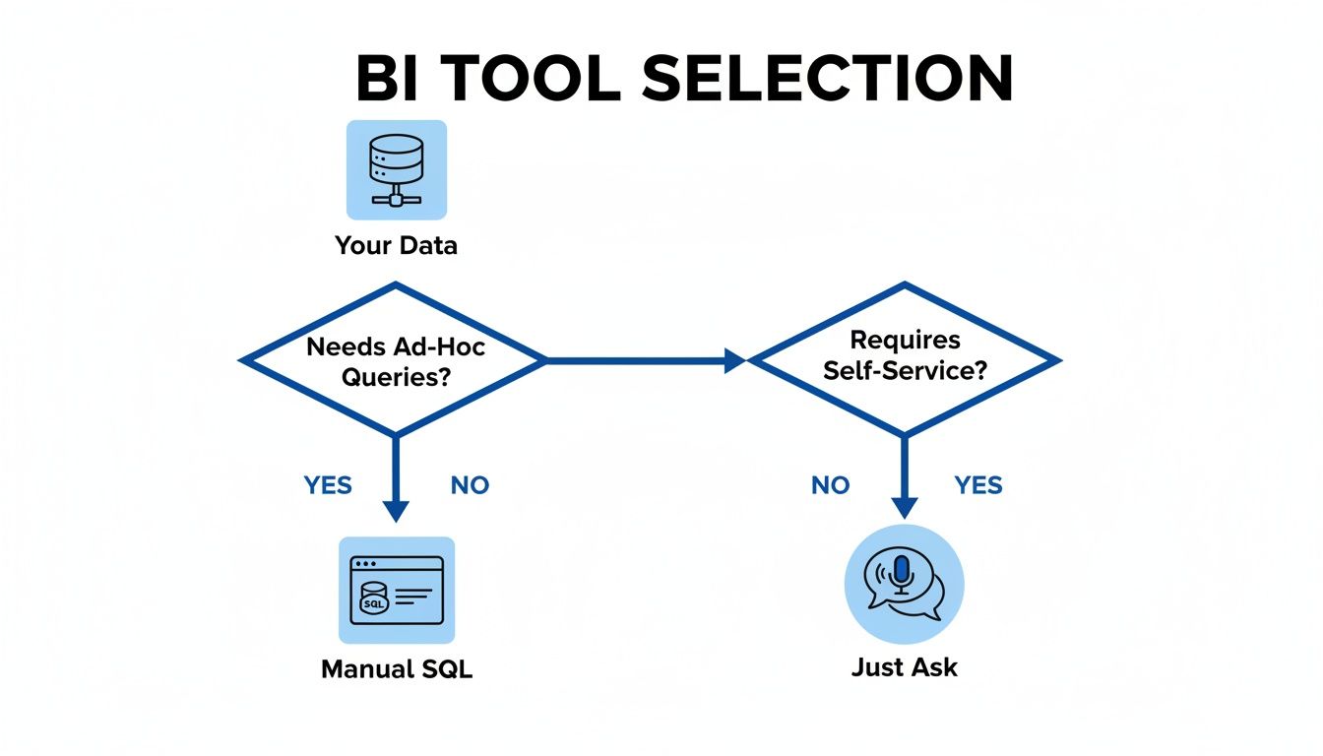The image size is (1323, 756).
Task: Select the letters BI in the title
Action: pyautogui.click(x=385, y=79)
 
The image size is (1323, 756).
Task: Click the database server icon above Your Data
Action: pyautogui.click(x=396, y=169)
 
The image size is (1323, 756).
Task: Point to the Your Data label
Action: pyautogui.click(x=396, y=245)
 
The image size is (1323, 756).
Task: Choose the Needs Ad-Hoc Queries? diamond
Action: pyautogui.click(x=395, y=360)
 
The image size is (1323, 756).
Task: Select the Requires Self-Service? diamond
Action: pyautogui.click(x=905, y=360)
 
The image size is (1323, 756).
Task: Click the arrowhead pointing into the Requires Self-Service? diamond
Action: pyautogui.click(x=734, y=361)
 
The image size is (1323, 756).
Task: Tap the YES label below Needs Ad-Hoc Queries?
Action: pyautogui.click(x=328, y=485)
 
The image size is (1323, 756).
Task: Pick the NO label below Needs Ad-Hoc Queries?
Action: pyautogui.click(x=470, y=485)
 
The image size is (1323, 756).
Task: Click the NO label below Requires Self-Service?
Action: pyautogui.click(x=830, y=485)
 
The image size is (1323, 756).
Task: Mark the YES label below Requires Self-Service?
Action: pyautogui.click(x=978, y=485)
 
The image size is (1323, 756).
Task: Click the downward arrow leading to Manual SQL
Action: pyautogui.click(x=395, y=482)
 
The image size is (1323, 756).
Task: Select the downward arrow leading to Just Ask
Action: pyautogui.click(x=905, y=482)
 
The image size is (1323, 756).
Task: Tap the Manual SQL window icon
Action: pyautogui.click(x=397, y=590)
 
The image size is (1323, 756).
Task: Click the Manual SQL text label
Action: pyautogui.click(x=397, y=669)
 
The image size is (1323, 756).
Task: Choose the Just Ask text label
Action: pyautogui.click(x=904, y=667)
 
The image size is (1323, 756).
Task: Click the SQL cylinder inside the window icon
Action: pyautogui.click(x=375, y=600)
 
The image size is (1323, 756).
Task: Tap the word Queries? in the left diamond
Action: pyautogui.click(x=395, y=376)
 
